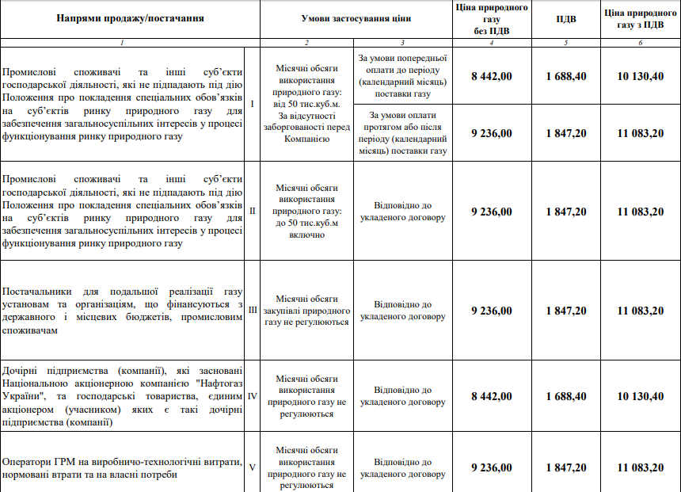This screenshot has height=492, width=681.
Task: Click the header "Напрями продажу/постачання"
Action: (x=130, y=18)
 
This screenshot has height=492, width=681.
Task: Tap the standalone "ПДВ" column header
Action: (x=566, y=18)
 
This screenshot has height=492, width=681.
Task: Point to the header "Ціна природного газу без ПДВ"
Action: (x=491, y=18)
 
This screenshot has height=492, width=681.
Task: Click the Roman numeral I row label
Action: (x=252, y=104)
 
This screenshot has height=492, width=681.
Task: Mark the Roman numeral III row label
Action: (x=253, y=311)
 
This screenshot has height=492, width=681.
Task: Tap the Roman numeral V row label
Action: (x=252, y=467)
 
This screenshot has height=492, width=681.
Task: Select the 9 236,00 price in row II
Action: (x=491, y=212)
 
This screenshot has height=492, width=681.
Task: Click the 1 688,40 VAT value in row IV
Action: (x=566, y=396)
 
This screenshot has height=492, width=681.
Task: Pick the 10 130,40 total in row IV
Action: (x=641, y=396)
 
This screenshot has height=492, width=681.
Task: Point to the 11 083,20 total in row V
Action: (x=641, y=467)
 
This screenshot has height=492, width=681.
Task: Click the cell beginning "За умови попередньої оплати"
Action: (x=402, y=76)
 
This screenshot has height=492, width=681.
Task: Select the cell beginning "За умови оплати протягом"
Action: (x=402, y=133)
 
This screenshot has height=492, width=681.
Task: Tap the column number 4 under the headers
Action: (x=491, y=42)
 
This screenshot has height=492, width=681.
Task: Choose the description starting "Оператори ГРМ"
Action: (x=122, y=467)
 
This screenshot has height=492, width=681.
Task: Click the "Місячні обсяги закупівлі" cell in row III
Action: (x=306, y=311)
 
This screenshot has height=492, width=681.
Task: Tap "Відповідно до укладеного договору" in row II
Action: (x=402, y=212)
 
